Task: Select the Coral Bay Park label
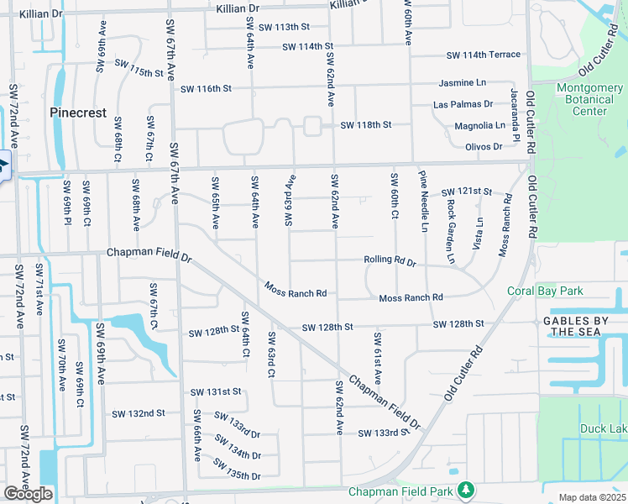point(545,291)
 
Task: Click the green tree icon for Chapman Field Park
point(464,489)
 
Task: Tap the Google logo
point(28,494)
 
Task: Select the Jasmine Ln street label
point(463,83)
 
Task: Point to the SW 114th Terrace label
point(484,55)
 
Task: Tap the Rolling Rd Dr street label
point(390,261)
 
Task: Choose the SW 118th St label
point(366,125)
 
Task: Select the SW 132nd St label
point(139,413)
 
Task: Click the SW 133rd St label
point(382,433)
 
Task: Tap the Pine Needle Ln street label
point(424,201)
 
